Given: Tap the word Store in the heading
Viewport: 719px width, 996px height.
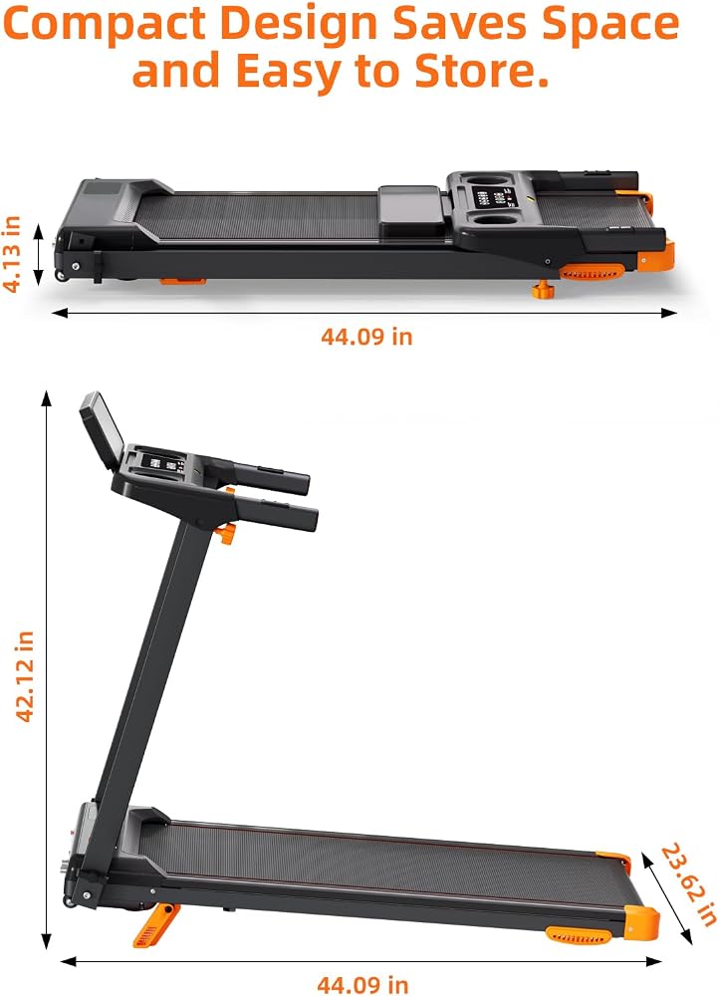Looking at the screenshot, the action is click(482, 71).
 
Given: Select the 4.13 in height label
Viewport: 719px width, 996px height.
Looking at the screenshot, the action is click(13, 253).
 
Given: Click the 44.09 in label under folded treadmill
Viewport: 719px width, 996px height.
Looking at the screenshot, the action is click(366, 336).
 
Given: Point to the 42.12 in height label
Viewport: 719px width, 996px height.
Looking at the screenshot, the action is click(24, 676).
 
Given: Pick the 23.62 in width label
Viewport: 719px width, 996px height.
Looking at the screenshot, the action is click(688, 884).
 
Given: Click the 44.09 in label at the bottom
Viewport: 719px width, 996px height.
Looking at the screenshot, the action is click(362, 985).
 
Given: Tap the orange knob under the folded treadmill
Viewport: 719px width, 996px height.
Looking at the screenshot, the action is click(543, 290).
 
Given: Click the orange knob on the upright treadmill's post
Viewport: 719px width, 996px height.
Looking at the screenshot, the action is click(225, 532).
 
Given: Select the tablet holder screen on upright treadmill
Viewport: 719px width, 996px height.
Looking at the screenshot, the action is click(102, 429).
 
